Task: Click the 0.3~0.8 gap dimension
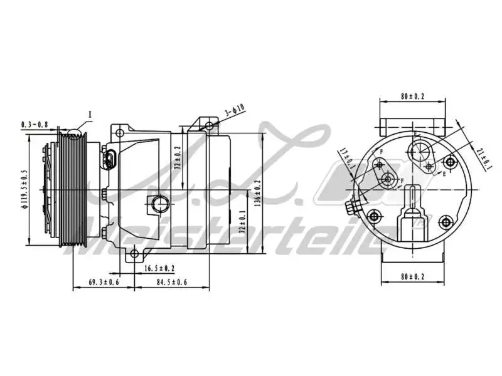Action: pos(34,124)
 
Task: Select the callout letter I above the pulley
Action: pos(90,115)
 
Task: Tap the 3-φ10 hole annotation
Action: pos(234,110)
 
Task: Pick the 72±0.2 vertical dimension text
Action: pos(177,160)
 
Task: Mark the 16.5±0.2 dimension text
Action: pos(159,268)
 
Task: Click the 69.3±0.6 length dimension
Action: pos(104,283)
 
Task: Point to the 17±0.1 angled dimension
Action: pos(346,157)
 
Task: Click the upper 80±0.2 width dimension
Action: pos(412,97)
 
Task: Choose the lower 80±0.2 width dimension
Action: pos(412,276)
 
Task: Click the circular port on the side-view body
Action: pos(159,204)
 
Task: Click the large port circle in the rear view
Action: pos(419,151)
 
